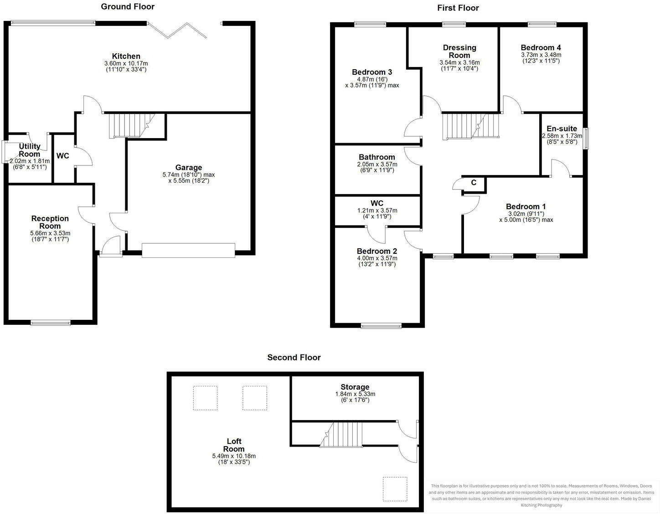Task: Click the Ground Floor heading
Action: tap(128, 7)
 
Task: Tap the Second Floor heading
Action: tap(294, 358)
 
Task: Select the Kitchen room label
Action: tap(126, 57)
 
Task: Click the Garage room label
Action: tap(188, 168)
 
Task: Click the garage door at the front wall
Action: tap(188, 251)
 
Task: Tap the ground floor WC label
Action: tap(63, 156)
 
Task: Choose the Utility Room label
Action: tap(30, 150)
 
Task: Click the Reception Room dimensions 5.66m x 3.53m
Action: tap(50, 233)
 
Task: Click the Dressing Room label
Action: tap(459, 51)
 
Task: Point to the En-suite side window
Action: tap(586, 139)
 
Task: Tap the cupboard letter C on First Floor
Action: tap(474, 183)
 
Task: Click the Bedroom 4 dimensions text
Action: tap(541, 57)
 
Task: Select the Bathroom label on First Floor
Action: tap(377, 157)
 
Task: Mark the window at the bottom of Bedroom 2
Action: tap(381, 325)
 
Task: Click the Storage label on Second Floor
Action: tap(355, 387)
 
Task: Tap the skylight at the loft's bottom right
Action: tap(395, 489)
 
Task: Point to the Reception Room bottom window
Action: tap(51, 323)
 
